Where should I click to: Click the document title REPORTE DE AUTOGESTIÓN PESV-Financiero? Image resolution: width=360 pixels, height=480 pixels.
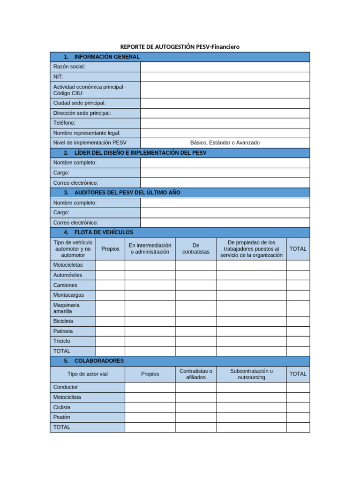point(180,47)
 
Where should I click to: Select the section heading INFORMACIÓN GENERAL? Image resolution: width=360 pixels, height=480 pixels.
point(107,57)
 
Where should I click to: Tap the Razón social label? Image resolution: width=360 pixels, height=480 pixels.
point(69,67)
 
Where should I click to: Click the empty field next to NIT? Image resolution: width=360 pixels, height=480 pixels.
point(225,76)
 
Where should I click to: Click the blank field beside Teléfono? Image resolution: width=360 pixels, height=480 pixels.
point(225,123)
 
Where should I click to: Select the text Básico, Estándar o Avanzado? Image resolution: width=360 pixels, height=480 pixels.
point(225,142)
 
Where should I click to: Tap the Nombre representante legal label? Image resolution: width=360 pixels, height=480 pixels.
point(87,133)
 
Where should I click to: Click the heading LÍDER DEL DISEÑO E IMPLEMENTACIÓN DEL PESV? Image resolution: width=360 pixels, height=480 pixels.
point(140,153)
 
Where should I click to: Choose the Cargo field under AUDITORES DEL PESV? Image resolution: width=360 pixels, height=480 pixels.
point(225,212)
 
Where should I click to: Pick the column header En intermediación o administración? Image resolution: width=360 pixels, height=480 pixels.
point(150,248)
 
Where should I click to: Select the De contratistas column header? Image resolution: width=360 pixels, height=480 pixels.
point(196,248)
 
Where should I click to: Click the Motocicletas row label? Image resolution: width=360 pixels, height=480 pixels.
point(68,265)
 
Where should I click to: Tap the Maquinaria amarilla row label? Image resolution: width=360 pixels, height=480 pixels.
point(67,308)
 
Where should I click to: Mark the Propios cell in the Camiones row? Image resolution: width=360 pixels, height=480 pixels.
point(110,285)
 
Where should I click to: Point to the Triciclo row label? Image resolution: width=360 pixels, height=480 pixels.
point(62,341)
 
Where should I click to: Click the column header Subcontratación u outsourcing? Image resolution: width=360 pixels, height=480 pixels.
point(251,374)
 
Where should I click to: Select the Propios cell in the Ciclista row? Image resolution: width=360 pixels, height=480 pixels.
point(150,407)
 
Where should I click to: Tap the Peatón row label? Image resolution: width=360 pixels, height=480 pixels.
point(62,417)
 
